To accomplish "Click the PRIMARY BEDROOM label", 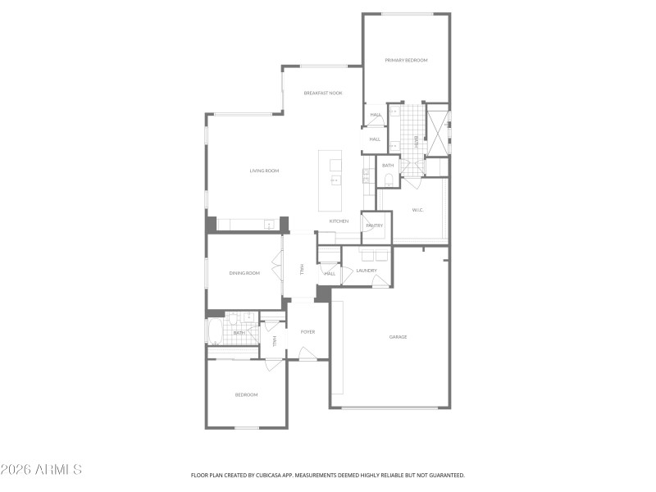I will [406, 60].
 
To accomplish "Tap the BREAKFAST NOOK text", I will [323, 93].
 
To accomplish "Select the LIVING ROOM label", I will [265, 171].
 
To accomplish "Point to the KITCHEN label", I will [339, 221].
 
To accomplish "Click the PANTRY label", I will [375, 225].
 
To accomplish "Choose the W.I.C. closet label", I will [417, 210].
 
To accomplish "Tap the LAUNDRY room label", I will [367, 270].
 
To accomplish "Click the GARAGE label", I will [398, 337].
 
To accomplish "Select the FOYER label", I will [307, 332].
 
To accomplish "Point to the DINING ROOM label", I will [244, 273].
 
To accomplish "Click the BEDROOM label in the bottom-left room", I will [246, 395].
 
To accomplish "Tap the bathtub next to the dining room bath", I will [215, 331].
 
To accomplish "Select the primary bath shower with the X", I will [438, 131].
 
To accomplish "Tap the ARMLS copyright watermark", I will [41, 470].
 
